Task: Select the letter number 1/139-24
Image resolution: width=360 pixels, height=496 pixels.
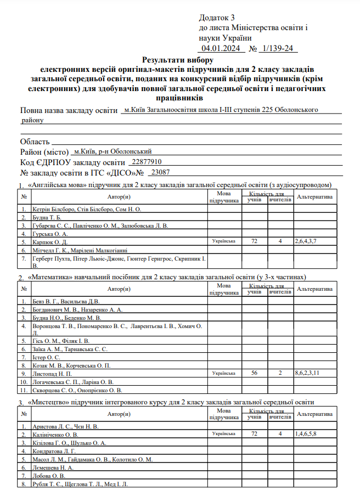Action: [279, 49]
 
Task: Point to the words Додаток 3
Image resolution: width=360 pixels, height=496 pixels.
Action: [217, 18]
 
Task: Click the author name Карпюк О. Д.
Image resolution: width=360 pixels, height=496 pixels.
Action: [49, 241]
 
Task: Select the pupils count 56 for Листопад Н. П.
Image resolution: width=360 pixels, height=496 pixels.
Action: [254, 373]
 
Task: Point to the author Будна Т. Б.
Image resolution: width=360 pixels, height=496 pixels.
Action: [47, 217]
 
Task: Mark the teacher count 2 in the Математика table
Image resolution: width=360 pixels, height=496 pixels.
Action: [279, 373]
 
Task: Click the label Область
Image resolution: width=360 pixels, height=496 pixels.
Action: [35, 142]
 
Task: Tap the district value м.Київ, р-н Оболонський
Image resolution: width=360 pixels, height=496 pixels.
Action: [113, 151]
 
